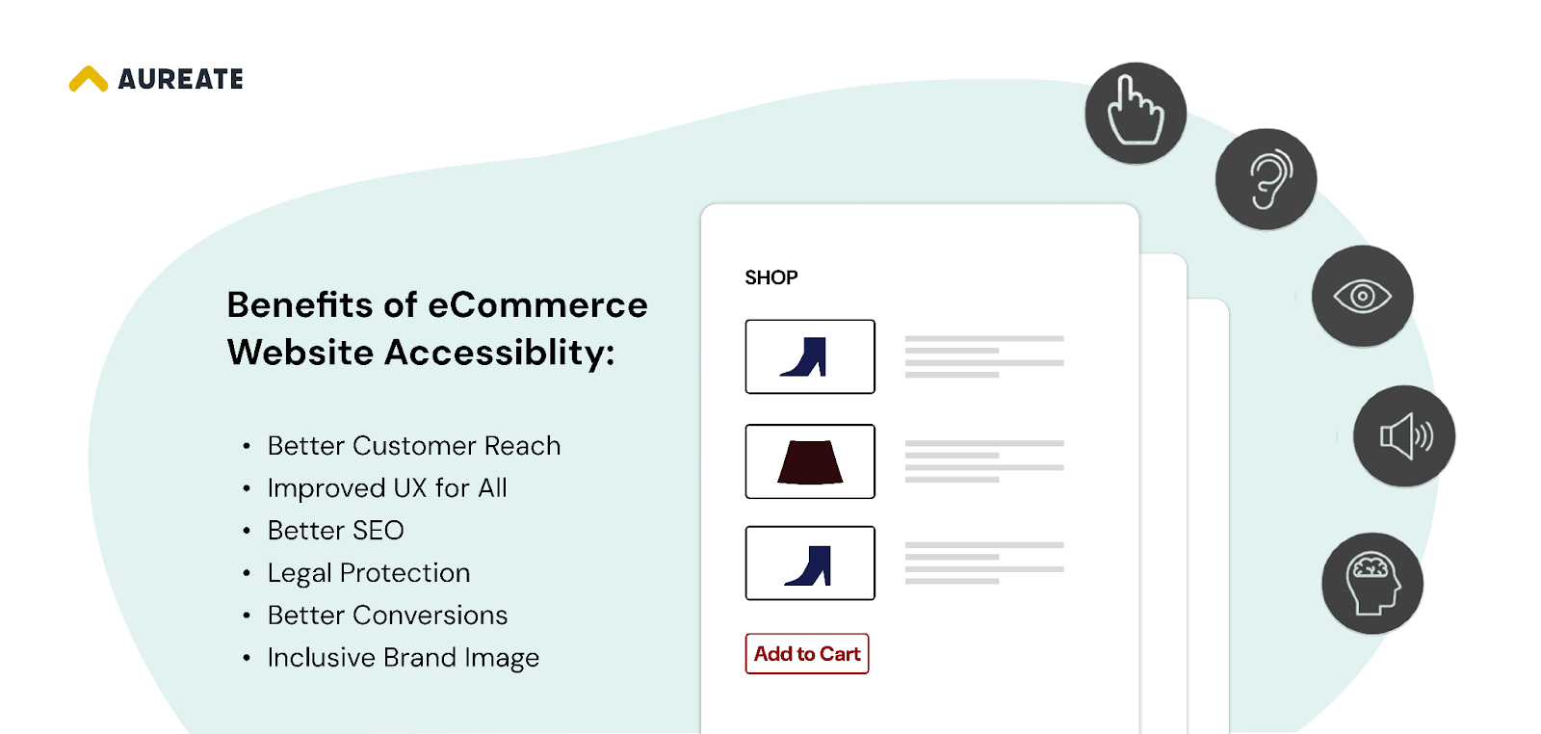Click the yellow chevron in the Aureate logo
[89, 79]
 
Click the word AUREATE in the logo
[181, 79]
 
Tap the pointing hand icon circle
[1136, 113]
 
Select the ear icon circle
[1266, 179]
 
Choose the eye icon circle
[1362, 296]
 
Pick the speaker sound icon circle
[1403, 436]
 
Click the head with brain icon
[1371, 583]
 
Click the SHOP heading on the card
[771, 277]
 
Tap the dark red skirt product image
[810, 461]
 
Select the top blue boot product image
[810, 356]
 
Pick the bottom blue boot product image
[810, 564]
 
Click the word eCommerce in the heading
[537, 305]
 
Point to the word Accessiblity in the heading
[499, 353]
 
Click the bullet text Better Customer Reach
[414, 446]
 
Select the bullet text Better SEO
[336, 531]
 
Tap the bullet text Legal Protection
[369, 573]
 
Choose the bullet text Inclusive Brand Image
[404, 658]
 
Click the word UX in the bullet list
[410, 488]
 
